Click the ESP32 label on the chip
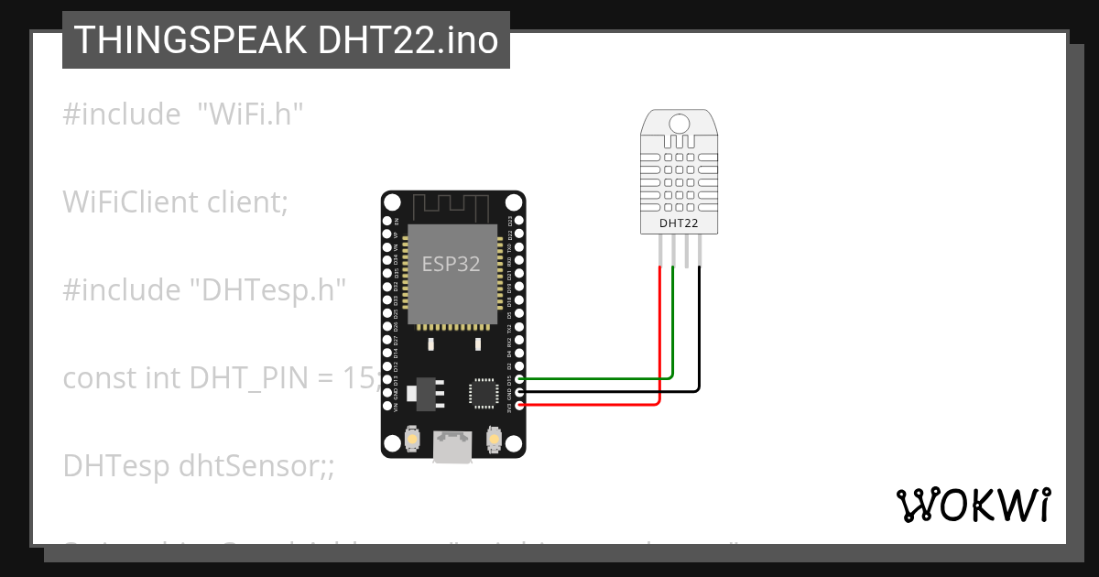click(451, 264)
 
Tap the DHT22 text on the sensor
click(679, 223)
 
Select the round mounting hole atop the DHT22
click(679, 124)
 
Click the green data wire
click(595, 377)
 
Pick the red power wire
click(595, 404)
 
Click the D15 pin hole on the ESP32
click(520, 378)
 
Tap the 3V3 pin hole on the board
click(520, 405)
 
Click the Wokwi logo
click(972, 505)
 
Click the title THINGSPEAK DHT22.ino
click(286, 40)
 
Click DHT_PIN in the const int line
click(245, 377)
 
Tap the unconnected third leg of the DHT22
click(686, 250)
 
